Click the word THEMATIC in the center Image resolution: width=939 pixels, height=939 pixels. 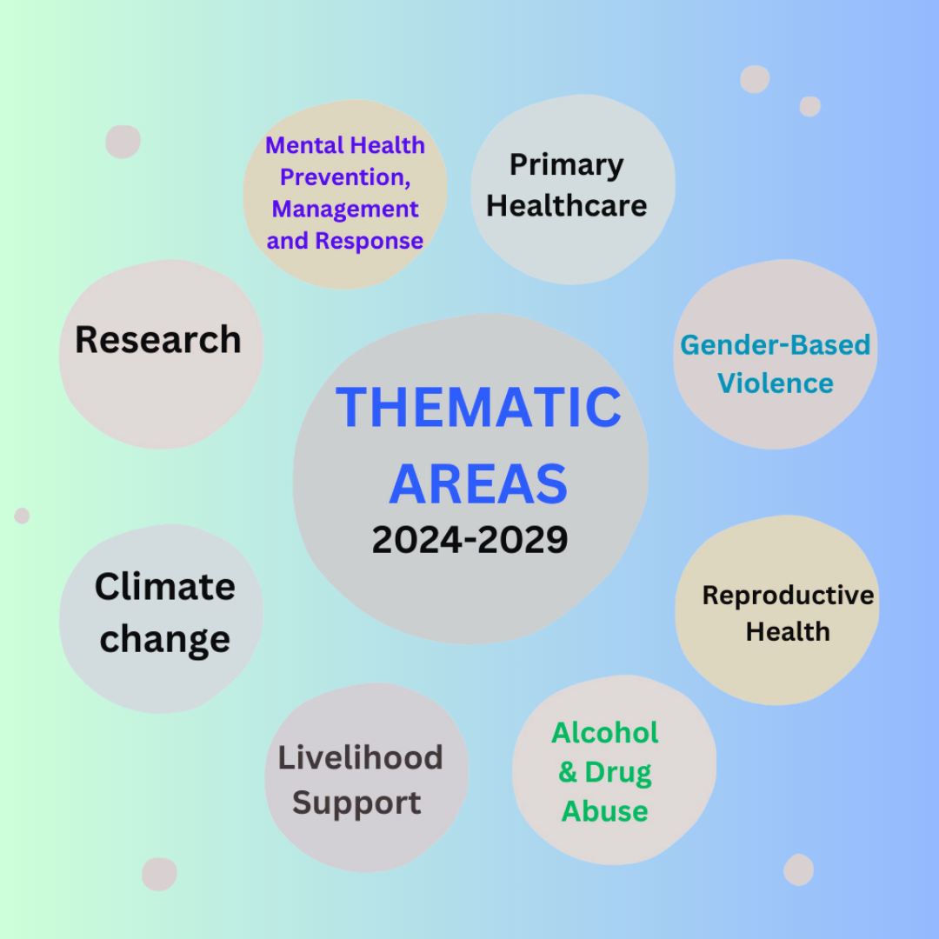coord(478,407)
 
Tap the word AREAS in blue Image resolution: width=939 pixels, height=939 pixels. coord(478,484)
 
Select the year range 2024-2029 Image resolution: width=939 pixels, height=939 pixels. coord(470,540)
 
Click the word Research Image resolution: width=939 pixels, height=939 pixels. coord(158,340)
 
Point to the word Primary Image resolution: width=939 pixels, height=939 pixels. coord(566,165)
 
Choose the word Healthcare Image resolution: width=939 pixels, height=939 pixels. coord(567,206)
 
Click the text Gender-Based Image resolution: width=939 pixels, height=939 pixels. coord(775,345)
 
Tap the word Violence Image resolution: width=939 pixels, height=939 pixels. coord(776,383)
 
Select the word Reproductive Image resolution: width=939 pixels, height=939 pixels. coord(788,596)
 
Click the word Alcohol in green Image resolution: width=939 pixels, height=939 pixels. coord(605,733)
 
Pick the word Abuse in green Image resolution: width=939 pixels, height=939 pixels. coord(604,811)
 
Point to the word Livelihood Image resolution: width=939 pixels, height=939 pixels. coord(360,758)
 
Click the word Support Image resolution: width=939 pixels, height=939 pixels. coord(356,803)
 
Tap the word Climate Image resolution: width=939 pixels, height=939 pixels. coord(165,587)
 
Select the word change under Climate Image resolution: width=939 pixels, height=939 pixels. coord(165,640)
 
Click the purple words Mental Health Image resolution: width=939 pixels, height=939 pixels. coord(345,145)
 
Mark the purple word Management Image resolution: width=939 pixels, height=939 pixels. coord(345,210)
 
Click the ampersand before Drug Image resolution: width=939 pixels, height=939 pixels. coord(568,772)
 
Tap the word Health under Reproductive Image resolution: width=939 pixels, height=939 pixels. coord(788,632)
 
